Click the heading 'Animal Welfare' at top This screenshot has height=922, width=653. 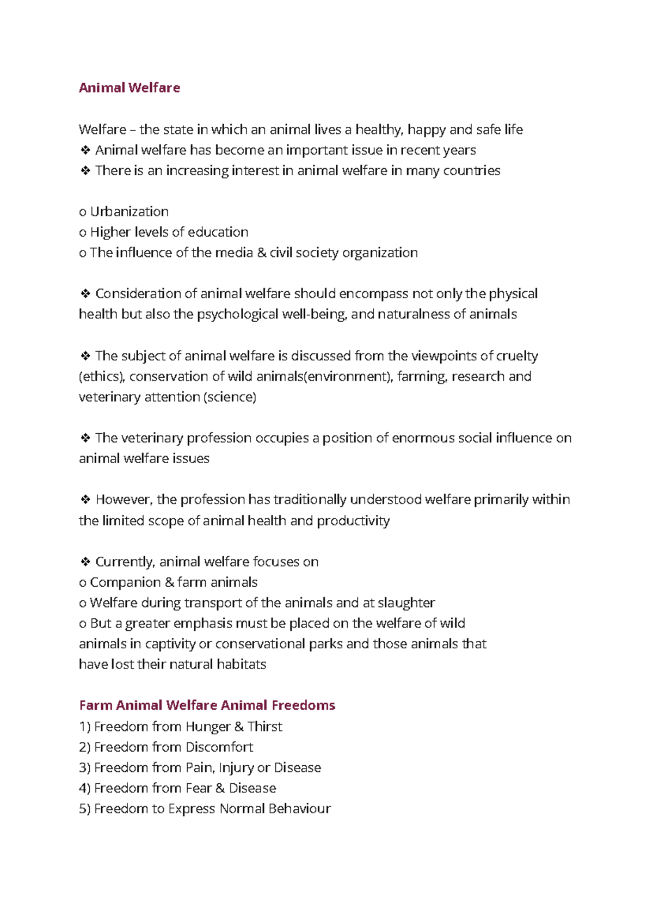(x=129, y=88)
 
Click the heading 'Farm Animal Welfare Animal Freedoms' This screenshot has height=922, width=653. (x=207, y=705)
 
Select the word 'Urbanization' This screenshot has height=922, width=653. (x=129, y=211)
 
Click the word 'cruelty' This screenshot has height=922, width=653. (x=518, y=356)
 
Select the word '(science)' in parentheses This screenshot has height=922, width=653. (x=229, y=397)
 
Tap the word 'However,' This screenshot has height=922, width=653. (x=125, y=500)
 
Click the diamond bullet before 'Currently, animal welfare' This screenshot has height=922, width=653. (x=85, y=562)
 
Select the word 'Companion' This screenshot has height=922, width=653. (x=125, y=582)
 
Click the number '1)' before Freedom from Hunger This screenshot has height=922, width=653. (x=84, y=727)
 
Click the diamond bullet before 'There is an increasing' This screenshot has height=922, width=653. (x=85, y=171)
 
